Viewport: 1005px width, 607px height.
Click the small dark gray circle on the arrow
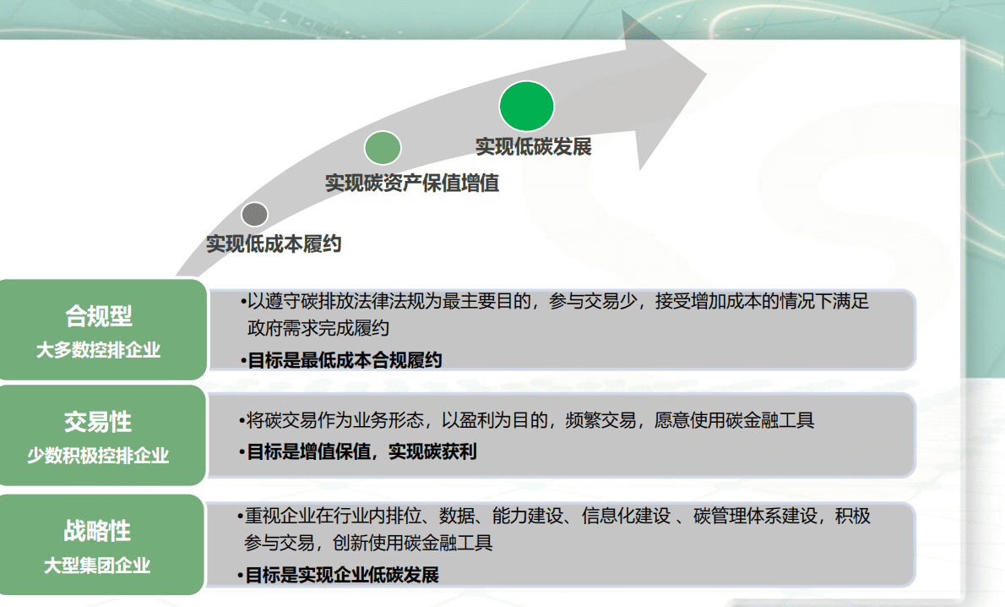click(254, 215)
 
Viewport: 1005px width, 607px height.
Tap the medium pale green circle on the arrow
click(383, 148)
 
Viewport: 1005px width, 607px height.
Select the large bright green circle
click(526, 107)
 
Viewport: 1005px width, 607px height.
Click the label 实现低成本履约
click(274, 244)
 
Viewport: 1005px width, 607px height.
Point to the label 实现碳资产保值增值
click(412, 183)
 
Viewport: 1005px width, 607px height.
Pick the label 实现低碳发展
click(533, 146)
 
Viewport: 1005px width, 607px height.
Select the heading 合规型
click(99, 316)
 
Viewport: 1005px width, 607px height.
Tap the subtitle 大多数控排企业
click(98, 350)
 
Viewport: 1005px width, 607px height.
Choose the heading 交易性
click(98, 421)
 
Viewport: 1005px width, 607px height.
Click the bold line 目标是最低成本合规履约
click(344, 360)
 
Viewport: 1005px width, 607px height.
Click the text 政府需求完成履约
click(318, 328)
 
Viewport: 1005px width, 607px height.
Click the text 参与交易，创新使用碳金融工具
click(369, 543)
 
